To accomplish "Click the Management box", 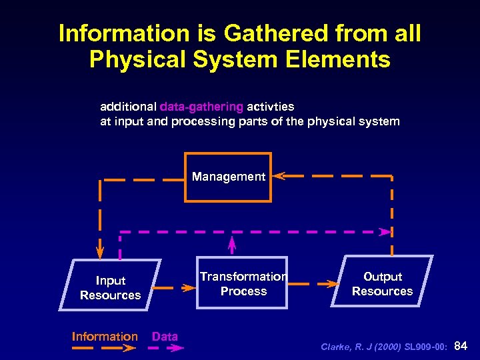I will point(228,177).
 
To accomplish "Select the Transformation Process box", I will point(243,283).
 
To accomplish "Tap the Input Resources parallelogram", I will point(110,287).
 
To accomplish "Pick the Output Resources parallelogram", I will point(382,283).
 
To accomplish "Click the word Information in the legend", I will point(105,337).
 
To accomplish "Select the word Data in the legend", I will point(165,337).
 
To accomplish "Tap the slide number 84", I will point(461,345).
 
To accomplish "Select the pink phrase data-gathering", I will point(201,107).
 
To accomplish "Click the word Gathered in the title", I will point(263,33).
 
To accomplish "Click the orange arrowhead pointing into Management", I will point(279,176).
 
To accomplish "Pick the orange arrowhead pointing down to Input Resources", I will point(99,253).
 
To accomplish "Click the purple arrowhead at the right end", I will point(385,232).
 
